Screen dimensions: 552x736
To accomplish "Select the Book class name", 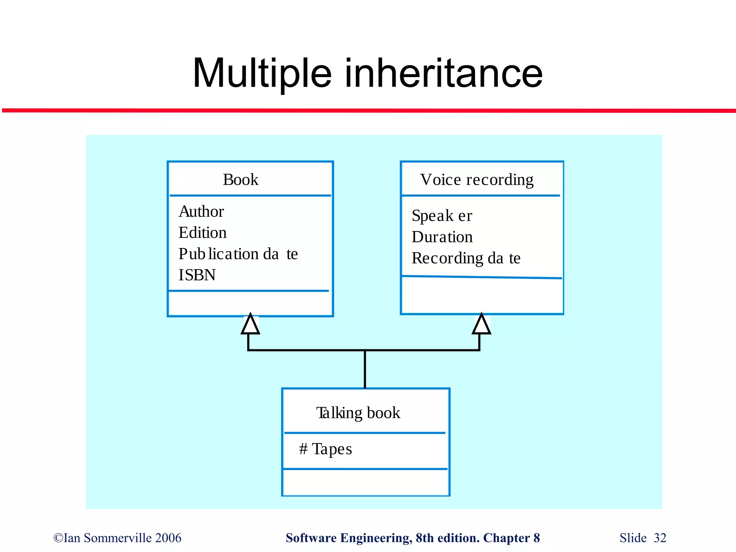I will pos(240,180).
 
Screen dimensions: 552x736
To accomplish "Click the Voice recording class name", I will pos(477,180).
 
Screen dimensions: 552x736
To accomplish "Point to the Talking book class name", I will pos(358,413).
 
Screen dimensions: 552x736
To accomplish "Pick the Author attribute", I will pos(201,211).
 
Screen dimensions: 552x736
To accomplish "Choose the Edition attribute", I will pos(203,233).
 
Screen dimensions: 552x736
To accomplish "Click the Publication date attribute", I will pos(238,254).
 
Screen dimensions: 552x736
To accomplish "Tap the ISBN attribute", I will pos(197,275).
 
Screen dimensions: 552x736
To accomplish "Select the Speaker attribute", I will pos(442,216).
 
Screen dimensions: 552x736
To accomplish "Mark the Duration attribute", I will pos(442,237).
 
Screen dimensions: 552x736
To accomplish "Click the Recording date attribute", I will pos(466,258).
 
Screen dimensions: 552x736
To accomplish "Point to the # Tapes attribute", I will pos(326,449).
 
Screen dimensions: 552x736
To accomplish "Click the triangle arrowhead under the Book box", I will pos(250,325).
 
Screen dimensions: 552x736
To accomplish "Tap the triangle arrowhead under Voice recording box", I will pos(482,325).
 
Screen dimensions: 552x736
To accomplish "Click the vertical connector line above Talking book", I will pos(365,369).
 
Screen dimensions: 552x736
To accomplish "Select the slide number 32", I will pos(660,538).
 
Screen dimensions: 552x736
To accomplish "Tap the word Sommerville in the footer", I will pos(118,538).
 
